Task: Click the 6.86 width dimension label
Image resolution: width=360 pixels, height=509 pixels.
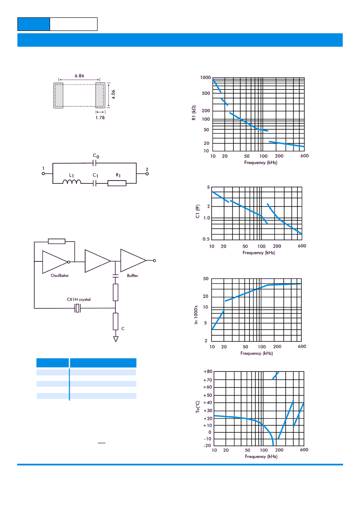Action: pyautogui.click(x=79, y=76)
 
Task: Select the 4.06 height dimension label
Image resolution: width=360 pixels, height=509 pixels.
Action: pyautogui.click(x=113, y=94)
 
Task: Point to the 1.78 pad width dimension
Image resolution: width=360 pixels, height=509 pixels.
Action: pyautogui.click(x=100, y=118)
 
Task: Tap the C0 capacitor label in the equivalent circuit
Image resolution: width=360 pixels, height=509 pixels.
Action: pyautogui.click(x=96, y=156)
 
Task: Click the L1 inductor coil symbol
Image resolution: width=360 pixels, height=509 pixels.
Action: pyautogui.click(x=72, y=182)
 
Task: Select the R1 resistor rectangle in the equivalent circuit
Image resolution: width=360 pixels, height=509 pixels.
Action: pyautogui.click(x=117, y=183)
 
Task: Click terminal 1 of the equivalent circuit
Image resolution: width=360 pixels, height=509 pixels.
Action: pyautogui.click(x=43, y=174)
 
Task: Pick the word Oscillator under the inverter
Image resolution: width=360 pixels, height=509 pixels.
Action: pyautogui.click(x=60, y=276)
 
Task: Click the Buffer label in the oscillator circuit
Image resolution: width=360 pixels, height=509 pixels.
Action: pyautogui.click(x=132, y=276)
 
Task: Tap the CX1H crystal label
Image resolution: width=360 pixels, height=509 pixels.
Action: pyautogui.click(x=78, y=299)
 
